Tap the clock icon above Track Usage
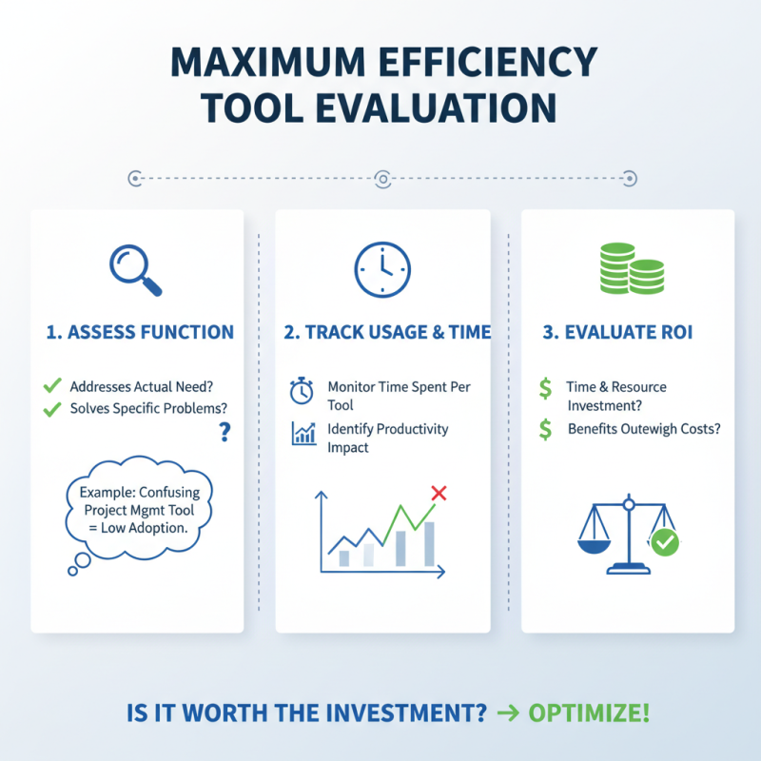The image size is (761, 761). coord(382,269)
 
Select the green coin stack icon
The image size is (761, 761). coord(630,268)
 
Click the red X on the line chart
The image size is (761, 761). coord(439,493)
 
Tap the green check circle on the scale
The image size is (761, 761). coord(664,543)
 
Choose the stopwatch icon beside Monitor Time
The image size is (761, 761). coord(302,390)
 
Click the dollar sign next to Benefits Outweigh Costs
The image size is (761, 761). coord(545,430)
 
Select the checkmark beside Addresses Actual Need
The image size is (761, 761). coord(52,386)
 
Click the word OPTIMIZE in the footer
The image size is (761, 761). coord(590,712)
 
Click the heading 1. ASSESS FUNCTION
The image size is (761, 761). coord(139,332)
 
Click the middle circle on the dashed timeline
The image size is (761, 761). coord(382,178)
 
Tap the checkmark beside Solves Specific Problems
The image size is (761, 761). coord(52,409)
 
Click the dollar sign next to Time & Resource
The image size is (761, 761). coord(545,388)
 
